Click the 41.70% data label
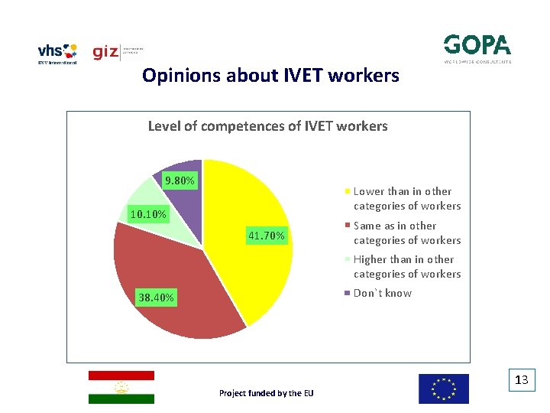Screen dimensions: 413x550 267,236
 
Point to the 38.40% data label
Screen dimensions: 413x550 155,298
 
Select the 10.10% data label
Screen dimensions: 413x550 147,214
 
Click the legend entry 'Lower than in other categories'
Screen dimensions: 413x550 406,199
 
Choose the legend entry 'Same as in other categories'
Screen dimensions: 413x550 406,233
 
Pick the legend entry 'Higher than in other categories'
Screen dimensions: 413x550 406,267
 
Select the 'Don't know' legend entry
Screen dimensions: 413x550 382,294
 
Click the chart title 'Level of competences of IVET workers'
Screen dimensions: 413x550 267,126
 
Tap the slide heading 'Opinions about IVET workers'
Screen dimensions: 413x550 270,76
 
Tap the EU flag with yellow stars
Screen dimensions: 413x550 443,389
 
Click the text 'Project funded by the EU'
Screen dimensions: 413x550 266,393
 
